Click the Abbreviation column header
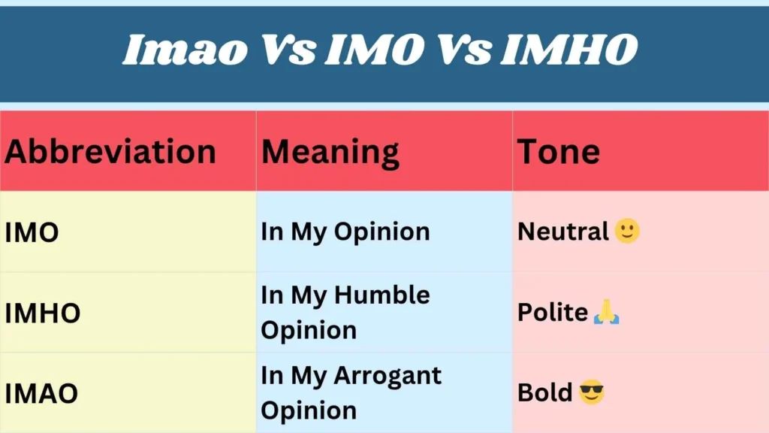pos(110,152)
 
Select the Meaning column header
pos(330,152)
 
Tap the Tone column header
pos(558,152)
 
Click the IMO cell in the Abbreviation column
pos(32,233)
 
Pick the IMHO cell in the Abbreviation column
pos(43,313)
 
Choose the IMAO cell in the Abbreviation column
pos(41,393)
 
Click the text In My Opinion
pos(345,232)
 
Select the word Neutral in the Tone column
pos(562,232)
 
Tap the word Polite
pos(553,312)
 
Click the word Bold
pos(545,392)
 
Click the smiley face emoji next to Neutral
pos(627,231)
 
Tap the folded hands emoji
pos(606,311)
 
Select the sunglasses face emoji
pos(592,392)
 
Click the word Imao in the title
pos(184,50)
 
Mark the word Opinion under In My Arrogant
pos(309,410)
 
